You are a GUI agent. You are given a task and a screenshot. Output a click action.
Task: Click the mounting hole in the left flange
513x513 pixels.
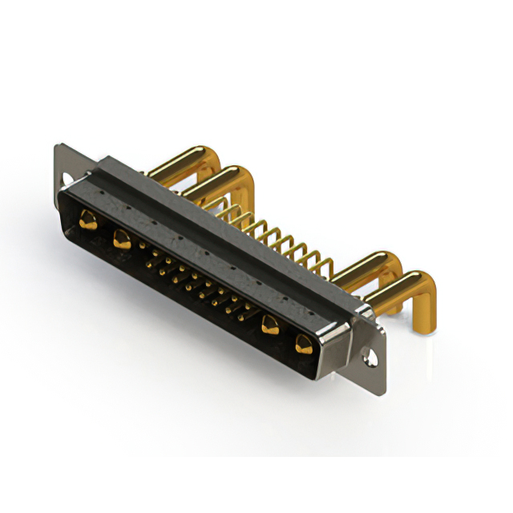point(67,178)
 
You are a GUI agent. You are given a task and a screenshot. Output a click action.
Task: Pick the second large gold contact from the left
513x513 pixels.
point(122,238)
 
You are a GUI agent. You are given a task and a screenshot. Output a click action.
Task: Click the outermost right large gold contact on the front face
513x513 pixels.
point(303,345)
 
